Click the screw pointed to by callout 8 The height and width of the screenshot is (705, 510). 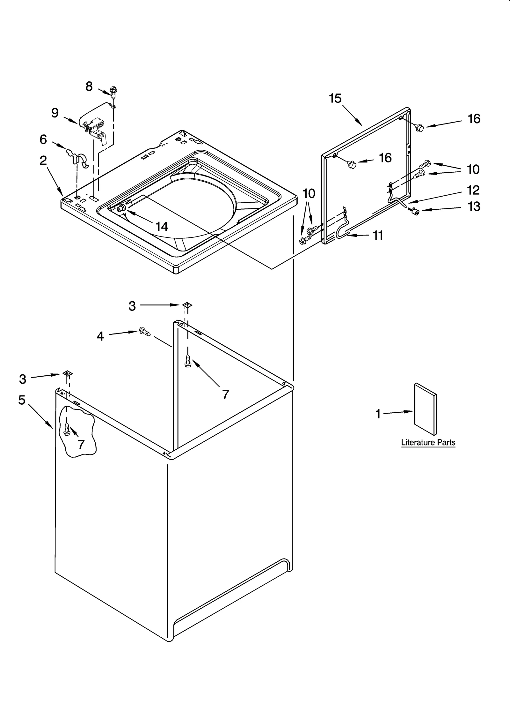tap(113, 92)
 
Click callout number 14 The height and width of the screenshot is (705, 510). tap(162, 227)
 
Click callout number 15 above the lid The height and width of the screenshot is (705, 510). tap(335, 98)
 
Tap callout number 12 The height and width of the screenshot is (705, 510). tap(473, 190)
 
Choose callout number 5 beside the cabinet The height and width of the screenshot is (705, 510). tap(22, 400)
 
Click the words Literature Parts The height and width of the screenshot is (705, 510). tap(428, 443)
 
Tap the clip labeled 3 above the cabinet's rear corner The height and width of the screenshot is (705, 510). tap(187, 305)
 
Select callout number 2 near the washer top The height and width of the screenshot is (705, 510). tap(43, 161)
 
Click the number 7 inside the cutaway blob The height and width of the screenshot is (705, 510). tap(81, 444)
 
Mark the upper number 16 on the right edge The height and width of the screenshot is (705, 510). tap(474, 119)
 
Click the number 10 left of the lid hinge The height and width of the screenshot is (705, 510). tap(309, 193)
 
